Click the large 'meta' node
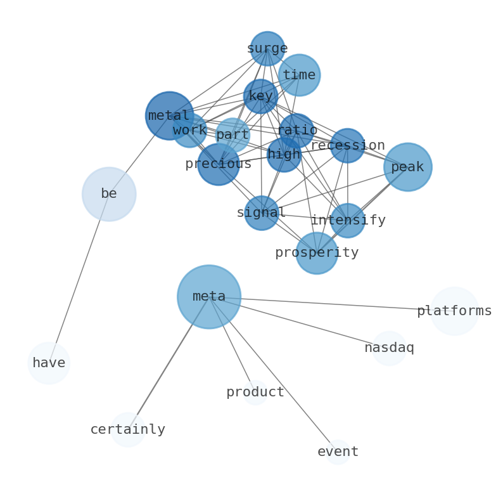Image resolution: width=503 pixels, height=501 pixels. pos(208,297)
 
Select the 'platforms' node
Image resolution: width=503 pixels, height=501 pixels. pos(454,311)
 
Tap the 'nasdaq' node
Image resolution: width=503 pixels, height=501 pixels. pos(389,348)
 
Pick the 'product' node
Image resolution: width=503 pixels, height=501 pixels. pos(255,393)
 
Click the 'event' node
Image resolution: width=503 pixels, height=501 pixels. pos(338,452)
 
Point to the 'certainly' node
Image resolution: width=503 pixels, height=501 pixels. pos(128,429)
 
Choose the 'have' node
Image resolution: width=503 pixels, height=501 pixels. pos(49,363)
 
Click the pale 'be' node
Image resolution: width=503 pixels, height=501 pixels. pos(109,194)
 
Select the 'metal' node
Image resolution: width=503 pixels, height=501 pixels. pos(169,115)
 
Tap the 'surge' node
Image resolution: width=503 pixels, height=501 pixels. pos(267,49)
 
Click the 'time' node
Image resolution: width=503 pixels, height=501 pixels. pos(299,75)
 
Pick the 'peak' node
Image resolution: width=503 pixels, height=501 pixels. pos(407,167)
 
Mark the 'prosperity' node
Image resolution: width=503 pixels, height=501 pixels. pos(317,253)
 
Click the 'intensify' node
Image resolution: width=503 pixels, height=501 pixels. pos(347,221)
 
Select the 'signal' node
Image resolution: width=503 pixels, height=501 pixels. pos(262,213)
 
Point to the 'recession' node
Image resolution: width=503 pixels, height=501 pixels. pos(347,146)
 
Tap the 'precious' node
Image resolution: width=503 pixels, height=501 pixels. pos(218,164)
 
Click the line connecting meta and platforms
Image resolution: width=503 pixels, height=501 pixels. pos(329,304)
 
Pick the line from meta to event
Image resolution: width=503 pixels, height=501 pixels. pos(272,374)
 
